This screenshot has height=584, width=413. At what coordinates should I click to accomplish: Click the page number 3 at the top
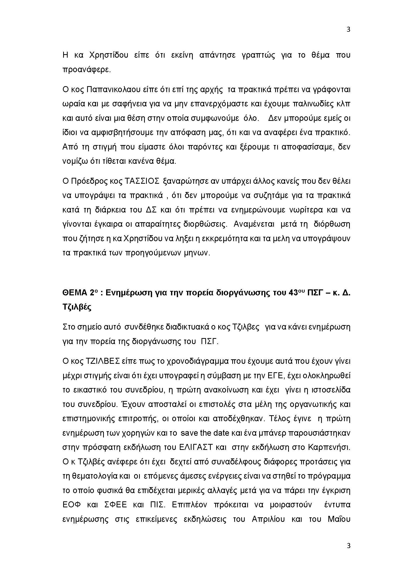pos(348,29)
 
